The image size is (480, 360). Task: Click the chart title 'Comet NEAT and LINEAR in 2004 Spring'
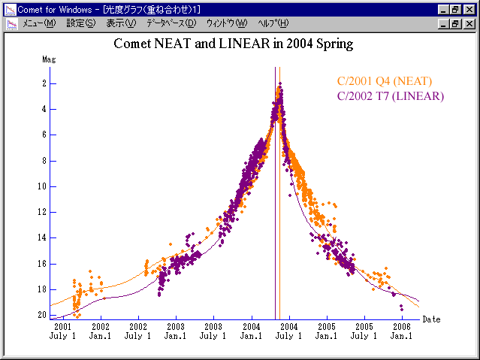click(233, 44)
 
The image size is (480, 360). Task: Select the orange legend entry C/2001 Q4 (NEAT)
click(385, 81)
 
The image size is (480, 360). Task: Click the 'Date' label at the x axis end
click(431, 319)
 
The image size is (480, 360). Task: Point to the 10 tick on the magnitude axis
click(42, 186)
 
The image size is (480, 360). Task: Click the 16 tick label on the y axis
click(42, 264)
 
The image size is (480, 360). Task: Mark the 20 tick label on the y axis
click(42, 315)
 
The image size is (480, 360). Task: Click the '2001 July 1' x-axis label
click(63, 331)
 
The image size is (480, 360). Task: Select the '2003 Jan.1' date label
click(176, 331)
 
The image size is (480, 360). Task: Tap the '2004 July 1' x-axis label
click(288, 331)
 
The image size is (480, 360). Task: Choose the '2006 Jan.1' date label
click(401, 331)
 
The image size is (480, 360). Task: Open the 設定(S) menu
click(81, 23)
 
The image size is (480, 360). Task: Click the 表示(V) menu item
click(121, 23)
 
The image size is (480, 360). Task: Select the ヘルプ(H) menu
click(273, 23)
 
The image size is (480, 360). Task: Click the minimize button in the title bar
click(444, 9)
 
